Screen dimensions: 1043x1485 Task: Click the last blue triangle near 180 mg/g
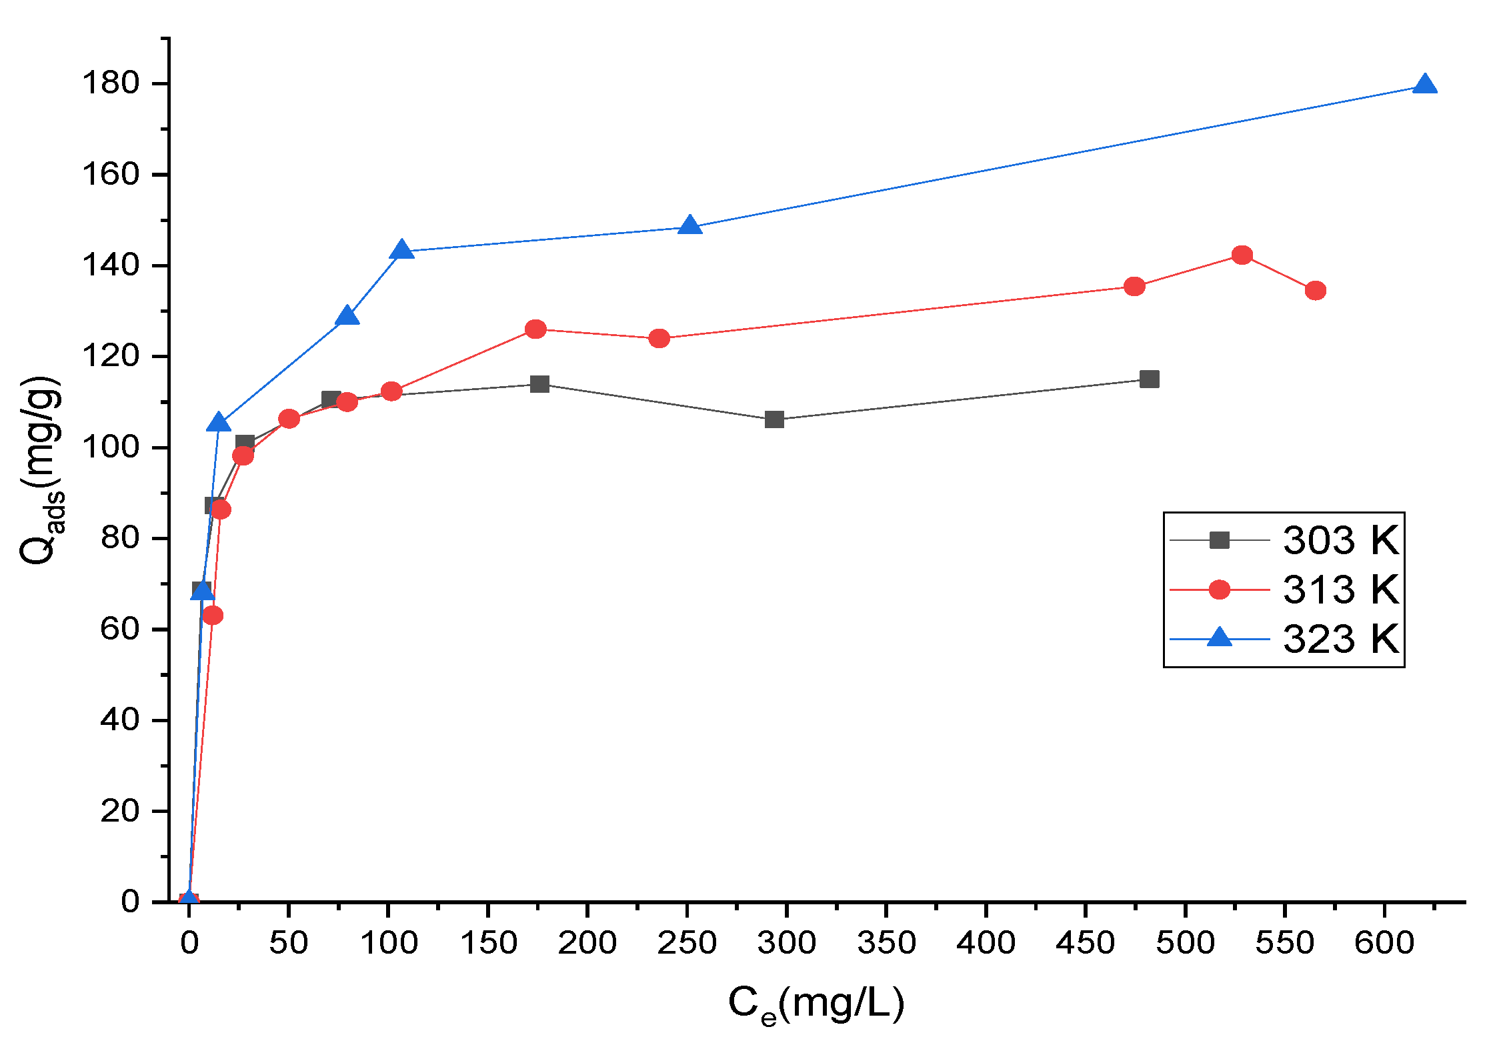[x=1425, y=85]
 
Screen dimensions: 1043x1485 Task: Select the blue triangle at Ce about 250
[x=690, y=226]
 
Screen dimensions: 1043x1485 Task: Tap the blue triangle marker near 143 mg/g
[x=401, y=251]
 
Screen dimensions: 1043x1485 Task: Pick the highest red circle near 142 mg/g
[x=1242, y=255]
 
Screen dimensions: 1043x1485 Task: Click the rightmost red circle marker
[x=1316, y=291]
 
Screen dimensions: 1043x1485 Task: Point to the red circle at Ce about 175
[x=535, y=329]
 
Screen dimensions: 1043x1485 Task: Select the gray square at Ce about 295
[x=774, y=419]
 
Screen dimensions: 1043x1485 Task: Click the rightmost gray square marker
[x=1150, y=379]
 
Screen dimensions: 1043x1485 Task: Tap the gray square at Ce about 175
[x=539, y=384]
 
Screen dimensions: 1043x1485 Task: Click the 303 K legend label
[x=1340, y=540]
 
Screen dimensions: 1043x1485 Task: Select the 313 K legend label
[x=1340, y=590]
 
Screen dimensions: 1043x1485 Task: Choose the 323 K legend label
[x=1340, y=639]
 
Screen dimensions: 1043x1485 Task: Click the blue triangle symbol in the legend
[x=1220, y=638]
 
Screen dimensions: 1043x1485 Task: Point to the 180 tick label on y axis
[x=110, y=83]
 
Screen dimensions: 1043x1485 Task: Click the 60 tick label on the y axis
[x=119, y=629]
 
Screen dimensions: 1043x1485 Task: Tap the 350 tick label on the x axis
[x=886, y=943]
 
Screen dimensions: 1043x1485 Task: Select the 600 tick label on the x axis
[x=1384, y=943]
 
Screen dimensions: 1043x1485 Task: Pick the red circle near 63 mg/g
[x=213, y=616]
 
